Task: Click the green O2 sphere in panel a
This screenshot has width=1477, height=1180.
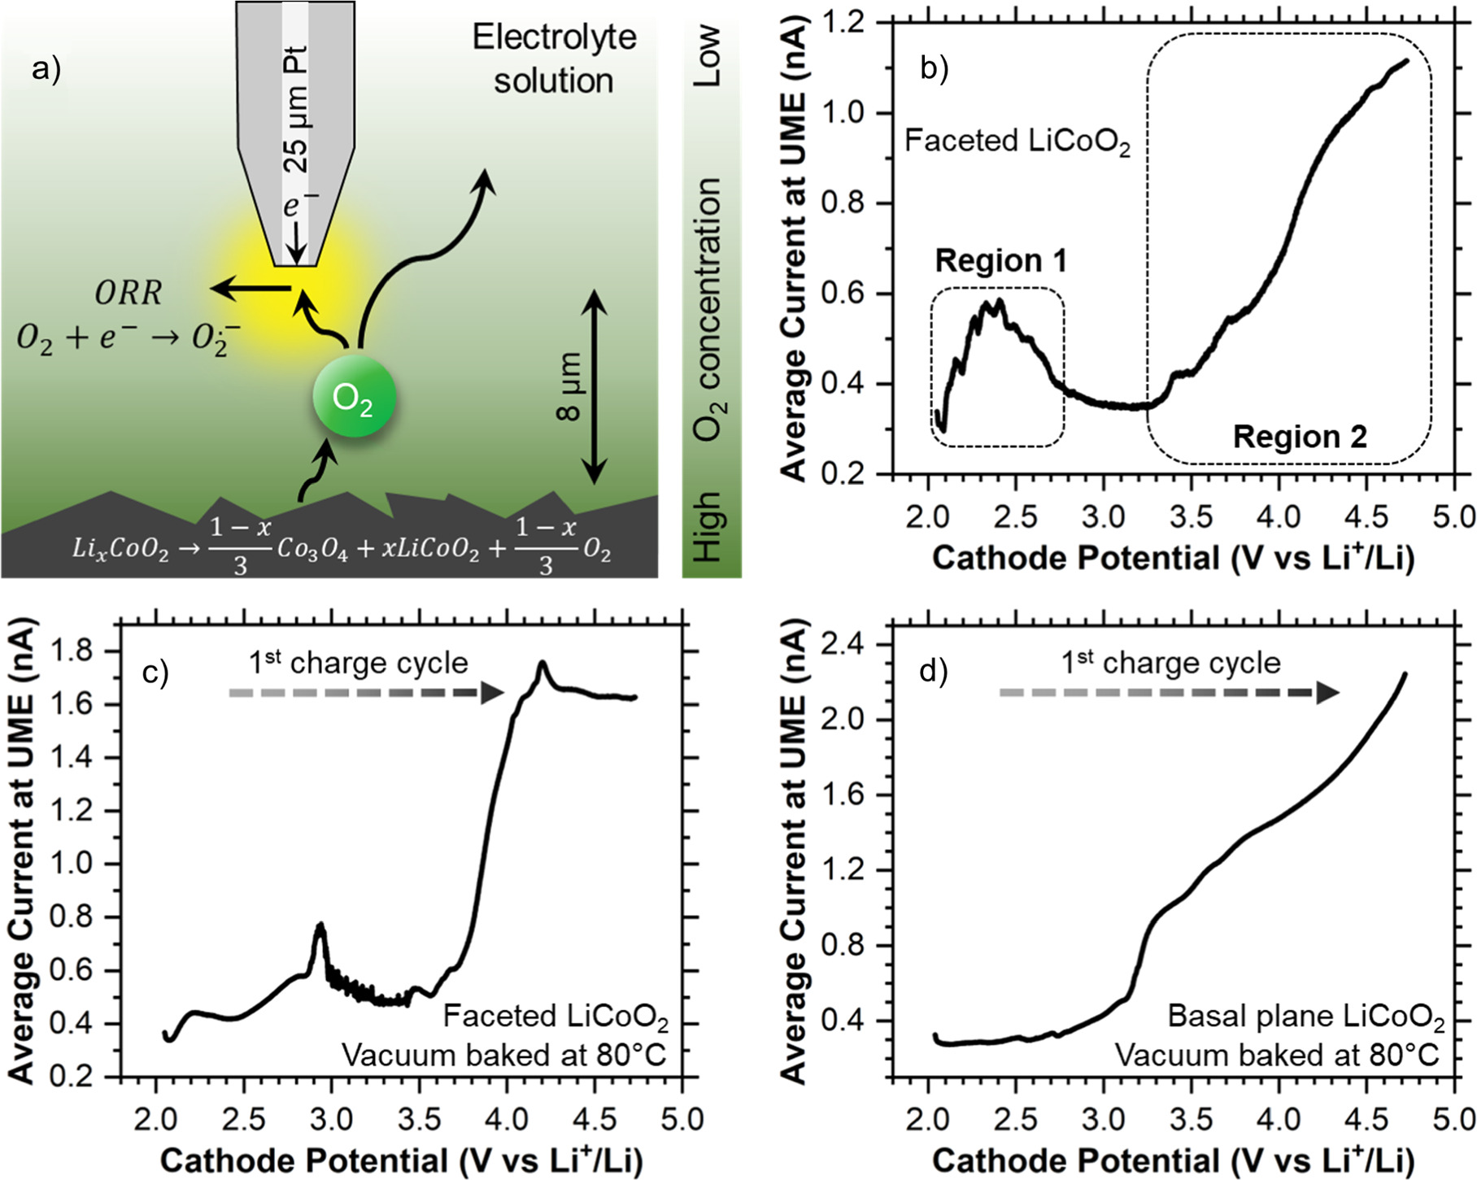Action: (355, 398)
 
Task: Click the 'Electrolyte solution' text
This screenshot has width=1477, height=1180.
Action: (554, 59)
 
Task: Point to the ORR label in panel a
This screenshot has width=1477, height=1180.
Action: (128, 293)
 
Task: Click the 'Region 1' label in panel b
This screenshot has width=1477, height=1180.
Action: (1000, 260)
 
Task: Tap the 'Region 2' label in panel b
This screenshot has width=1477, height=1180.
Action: (1299, 437)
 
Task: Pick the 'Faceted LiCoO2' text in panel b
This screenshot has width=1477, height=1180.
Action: (1017, 142)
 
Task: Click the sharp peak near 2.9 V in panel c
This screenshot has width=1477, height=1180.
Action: (320, 927)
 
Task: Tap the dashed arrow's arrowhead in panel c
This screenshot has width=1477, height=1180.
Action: (492, 693)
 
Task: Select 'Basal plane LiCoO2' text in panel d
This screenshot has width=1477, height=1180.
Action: (1305, 1017)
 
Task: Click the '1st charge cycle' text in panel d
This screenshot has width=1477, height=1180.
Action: (1170, 663)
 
